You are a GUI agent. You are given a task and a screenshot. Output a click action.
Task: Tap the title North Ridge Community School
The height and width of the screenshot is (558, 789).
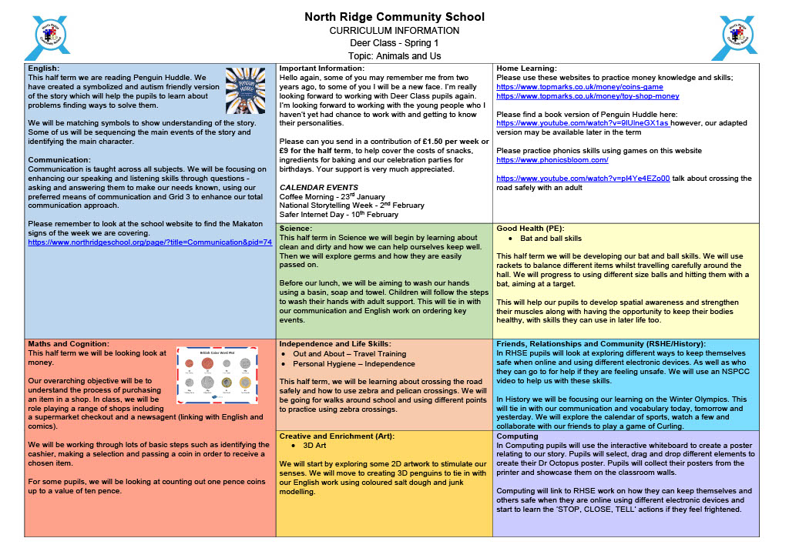point(394,17)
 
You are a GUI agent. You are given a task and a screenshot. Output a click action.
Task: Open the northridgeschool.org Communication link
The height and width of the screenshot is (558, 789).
point(149,242)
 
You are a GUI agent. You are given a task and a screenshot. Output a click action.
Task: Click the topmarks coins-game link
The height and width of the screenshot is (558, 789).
point(579,87)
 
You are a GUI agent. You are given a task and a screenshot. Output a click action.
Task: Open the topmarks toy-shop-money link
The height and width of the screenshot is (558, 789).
point(588,96)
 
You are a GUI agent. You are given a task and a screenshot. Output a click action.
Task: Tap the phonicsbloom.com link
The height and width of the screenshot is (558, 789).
point(552,160)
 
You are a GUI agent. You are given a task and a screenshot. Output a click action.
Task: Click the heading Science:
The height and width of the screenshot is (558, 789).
point(296,229)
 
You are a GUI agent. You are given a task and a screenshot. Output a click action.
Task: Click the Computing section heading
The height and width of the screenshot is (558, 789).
point(517,436)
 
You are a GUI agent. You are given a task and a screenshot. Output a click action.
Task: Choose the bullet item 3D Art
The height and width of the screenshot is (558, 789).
point(314,446)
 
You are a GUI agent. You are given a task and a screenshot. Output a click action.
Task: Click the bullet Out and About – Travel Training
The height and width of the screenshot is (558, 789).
point(349,353)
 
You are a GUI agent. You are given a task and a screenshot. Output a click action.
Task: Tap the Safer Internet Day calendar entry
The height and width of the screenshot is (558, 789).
point(338,215)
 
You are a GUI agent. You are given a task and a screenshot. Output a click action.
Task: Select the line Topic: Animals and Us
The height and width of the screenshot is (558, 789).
point(394,56)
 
